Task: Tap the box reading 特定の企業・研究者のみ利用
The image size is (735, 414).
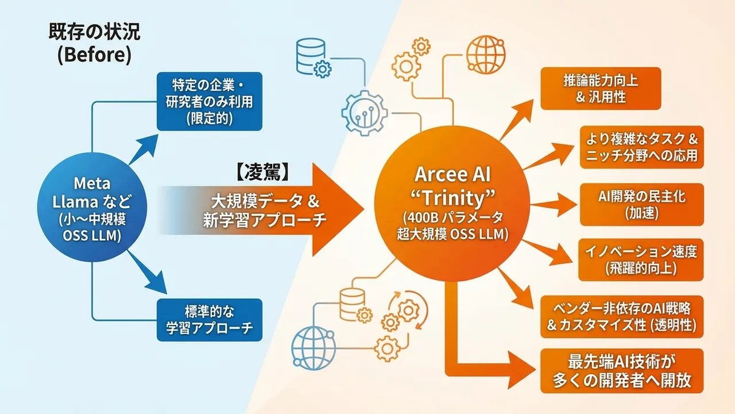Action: [x=209, y=101]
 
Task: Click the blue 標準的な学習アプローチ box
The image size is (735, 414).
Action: [x=209, y=320]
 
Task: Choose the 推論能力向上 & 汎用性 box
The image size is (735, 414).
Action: [x=593, y=89]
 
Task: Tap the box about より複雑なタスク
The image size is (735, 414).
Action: [x=641, y=147]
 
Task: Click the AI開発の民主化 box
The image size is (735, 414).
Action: [x=641, y=205]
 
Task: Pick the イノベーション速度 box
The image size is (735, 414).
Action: [x=641, y=260]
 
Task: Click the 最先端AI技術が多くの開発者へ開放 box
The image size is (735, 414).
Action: [x=621, y=371]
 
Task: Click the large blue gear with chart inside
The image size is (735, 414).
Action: [x=364, y=112]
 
